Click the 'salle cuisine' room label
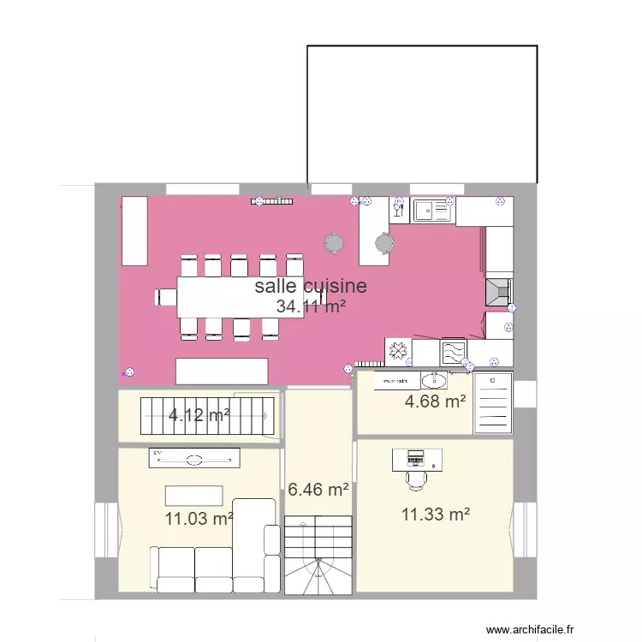(x=311, y=286)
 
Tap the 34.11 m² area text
(x=311, y=306)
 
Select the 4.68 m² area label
(x=434, y=400)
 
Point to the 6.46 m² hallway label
(x=318, y=490)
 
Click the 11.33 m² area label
(x=436, y=514)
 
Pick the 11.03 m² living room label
(x=199, y=518)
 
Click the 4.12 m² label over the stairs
(x=199, y=416)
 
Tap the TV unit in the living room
(x=194, y=460)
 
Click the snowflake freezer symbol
(x=397, y=351)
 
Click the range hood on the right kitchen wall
(x=498, y=291)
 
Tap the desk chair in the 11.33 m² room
(x=416, y=479)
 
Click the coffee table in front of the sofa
(x=194, y=496)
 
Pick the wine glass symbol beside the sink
(x=399, y=207)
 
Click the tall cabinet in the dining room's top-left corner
(x=134, y=230)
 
